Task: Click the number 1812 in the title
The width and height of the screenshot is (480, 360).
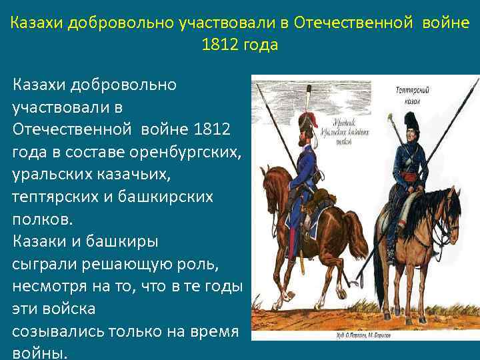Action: pyautogui.click(x=217, y=46)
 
